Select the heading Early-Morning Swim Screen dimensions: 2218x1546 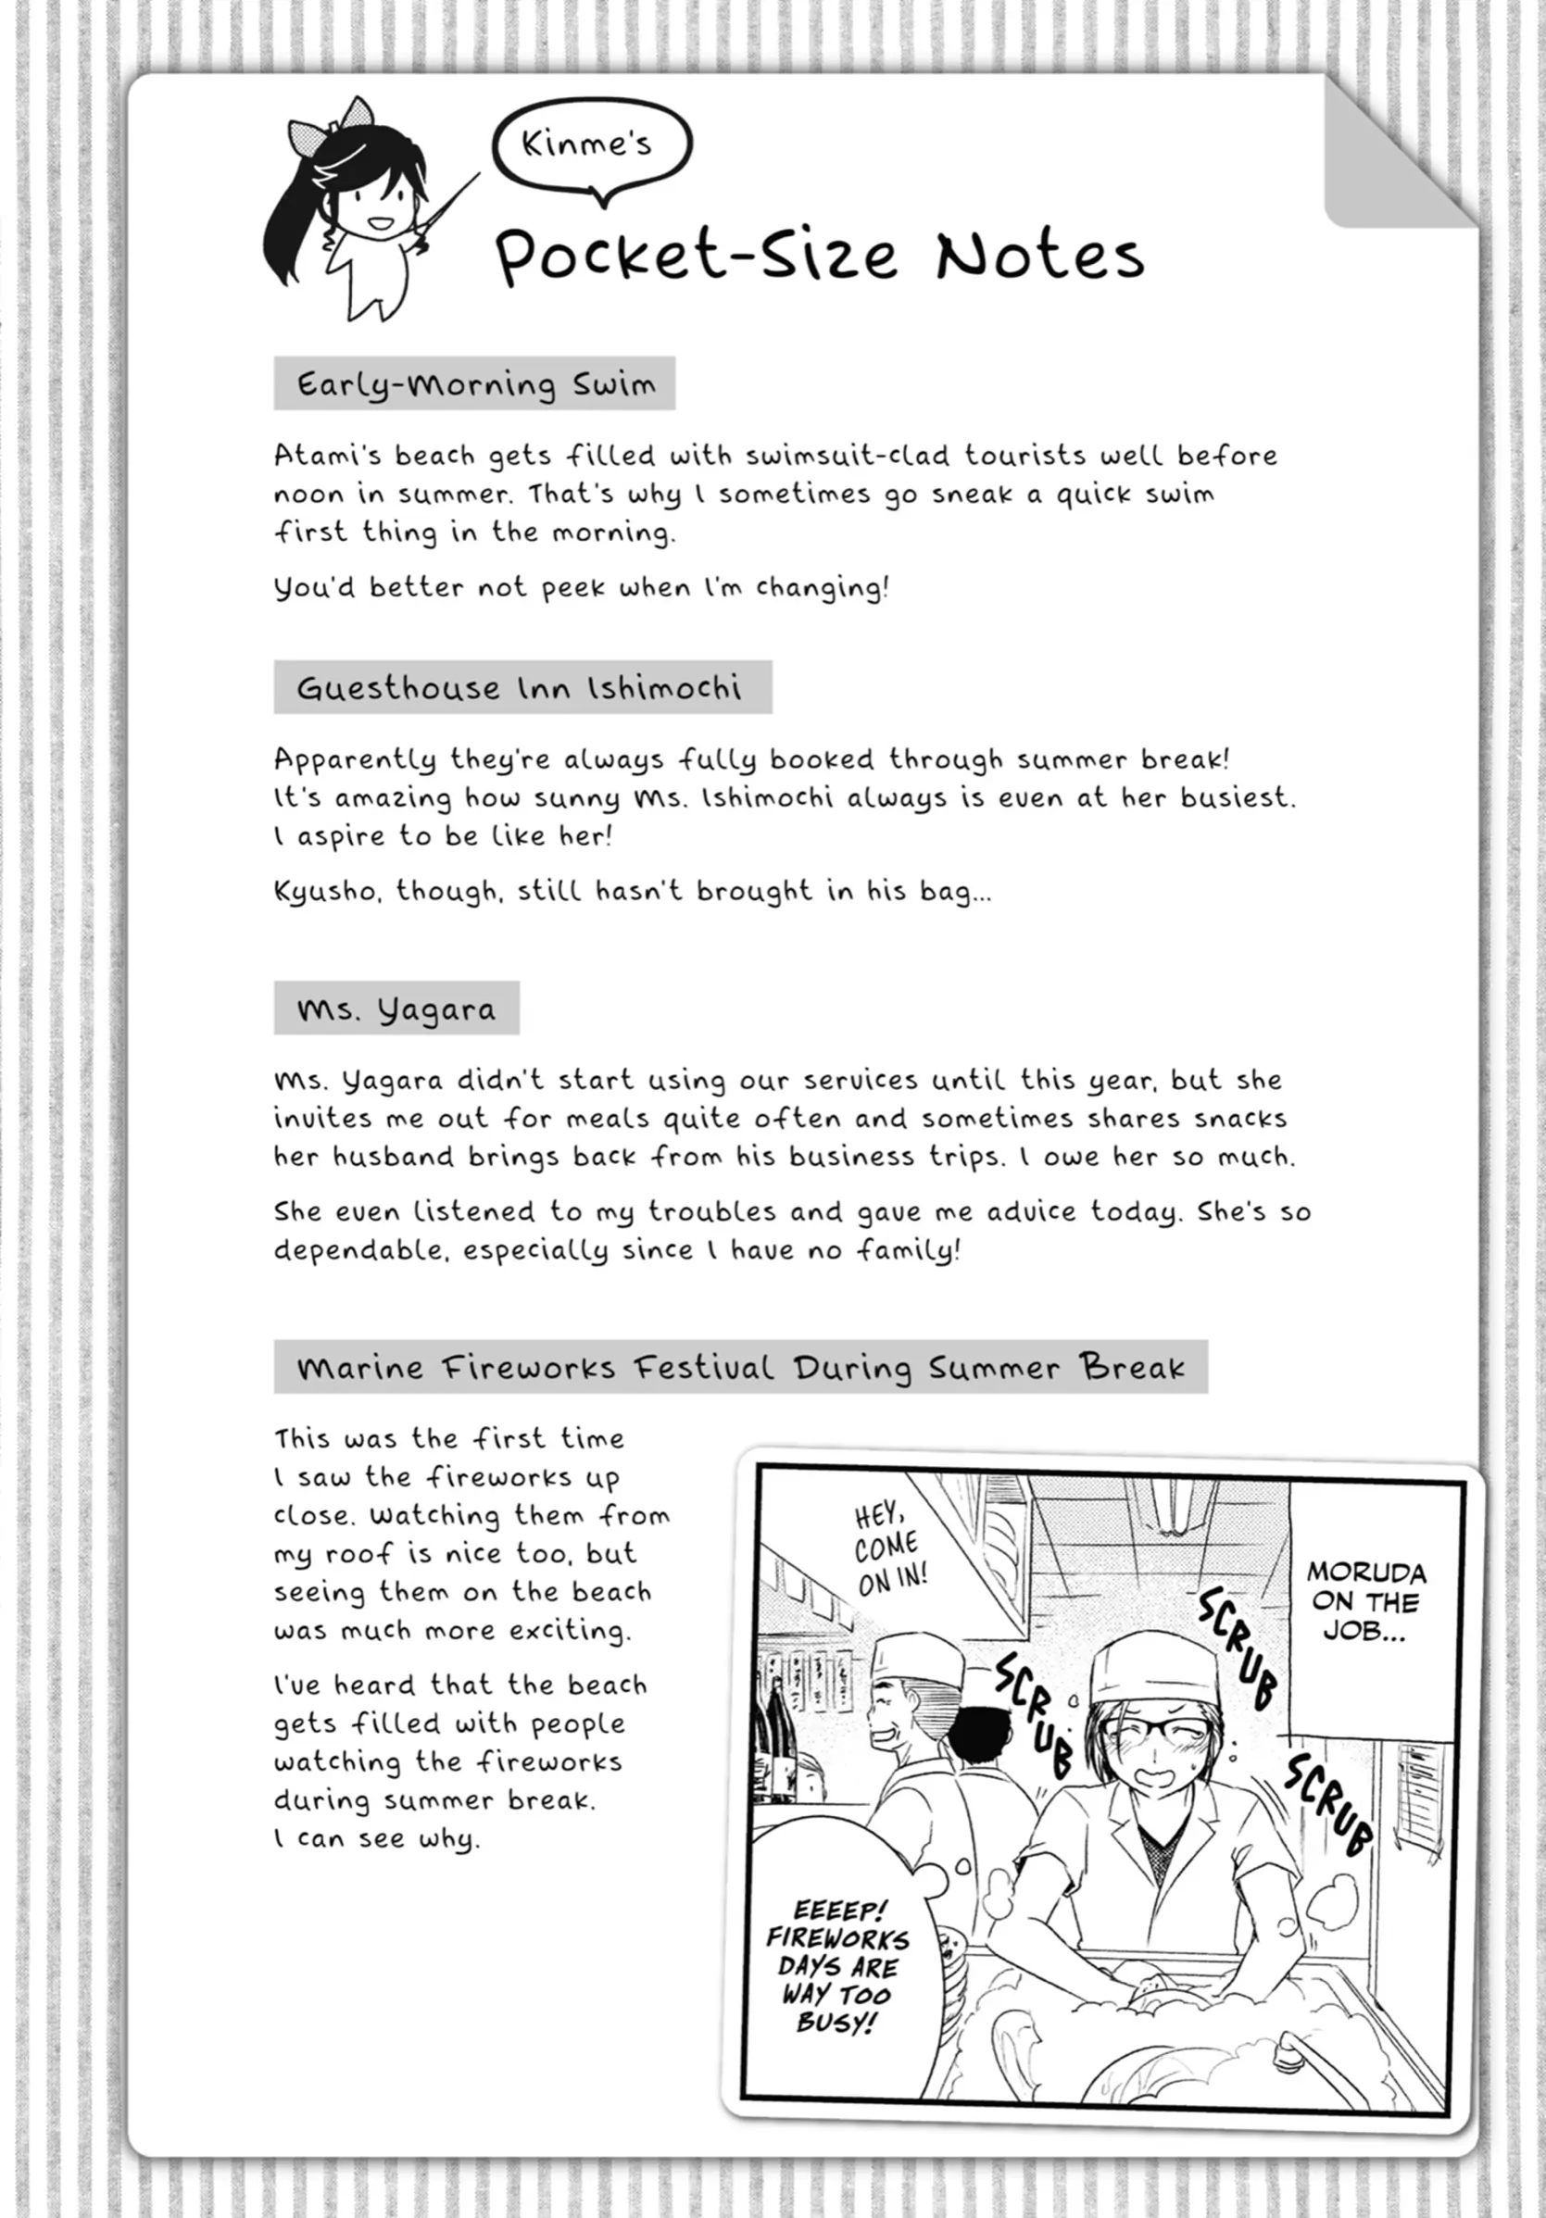coord(474,384)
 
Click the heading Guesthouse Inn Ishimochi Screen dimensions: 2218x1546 coord(521,688)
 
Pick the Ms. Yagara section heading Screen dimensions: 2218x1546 coord(396,1009)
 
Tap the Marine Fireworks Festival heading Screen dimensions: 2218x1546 coord(740,1367)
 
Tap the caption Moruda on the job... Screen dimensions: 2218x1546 coord(1365,1599)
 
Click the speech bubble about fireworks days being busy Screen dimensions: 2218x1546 coord(836,1966)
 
